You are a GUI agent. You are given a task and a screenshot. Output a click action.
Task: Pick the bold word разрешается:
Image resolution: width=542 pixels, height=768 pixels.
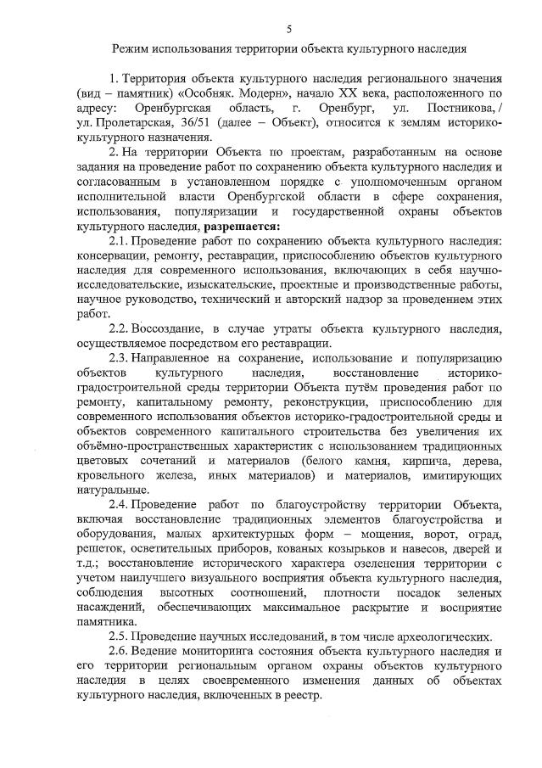(243, 227)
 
